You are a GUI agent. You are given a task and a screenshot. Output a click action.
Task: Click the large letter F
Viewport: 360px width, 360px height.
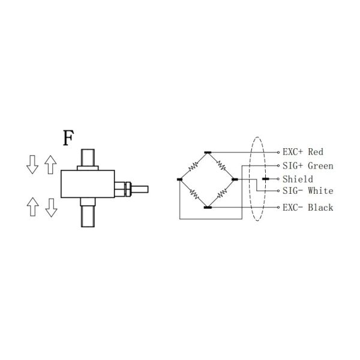click(68, 138)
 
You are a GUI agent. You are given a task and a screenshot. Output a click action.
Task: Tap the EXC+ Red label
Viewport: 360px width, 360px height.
click(303, 152)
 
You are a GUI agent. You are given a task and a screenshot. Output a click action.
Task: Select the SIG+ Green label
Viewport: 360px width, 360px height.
click(308, 166)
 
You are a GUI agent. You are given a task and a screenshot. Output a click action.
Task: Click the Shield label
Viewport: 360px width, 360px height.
click(298, 179)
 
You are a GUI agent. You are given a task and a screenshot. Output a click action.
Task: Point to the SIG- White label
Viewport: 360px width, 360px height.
click(308, 191)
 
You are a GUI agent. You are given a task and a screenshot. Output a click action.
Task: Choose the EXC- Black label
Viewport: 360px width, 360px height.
click(308, 208)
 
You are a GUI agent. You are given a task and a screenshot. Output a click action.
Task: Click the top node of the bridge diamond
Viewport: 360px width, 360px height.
click(208, 152)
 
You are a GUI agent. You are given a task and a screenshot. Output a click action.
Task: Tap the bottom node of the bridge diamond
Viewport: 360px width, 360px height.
click(208, 208)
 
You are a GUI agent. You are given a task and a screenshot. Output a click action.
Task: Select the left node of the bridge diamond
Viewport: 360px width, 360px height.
click(179, 179)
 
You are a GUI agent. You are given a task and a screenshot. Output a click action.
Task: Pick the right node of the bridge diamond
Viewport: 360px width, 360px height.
click(235, 179)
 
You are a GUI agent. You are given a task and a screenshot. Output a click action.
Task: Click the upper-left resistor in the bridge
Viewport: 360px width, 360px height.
click(193, 166)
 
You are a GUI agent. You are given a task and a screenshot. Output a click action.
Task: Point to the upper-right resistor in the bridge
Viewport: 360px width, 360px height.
click(221, 166)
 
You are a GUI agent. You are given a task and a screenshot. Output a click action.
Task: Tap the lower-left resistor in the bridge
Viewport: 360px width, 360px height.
click(194, 194)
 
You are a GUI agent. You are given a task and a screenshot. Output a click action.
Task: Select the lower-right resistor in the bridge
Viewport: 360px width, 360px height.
click(221, 193)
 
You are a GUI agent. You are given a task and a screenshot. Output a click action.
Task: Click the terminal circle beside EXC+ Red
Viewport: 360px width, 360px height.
click(278, 152)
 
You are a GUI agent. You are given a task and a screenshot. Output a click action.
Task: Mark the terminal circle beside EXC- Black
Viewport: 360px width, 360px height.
click(278, 208)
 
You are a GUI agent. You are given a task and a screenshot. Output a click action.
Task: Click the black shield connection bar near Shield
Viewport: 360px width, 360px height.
click(266, 179)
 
